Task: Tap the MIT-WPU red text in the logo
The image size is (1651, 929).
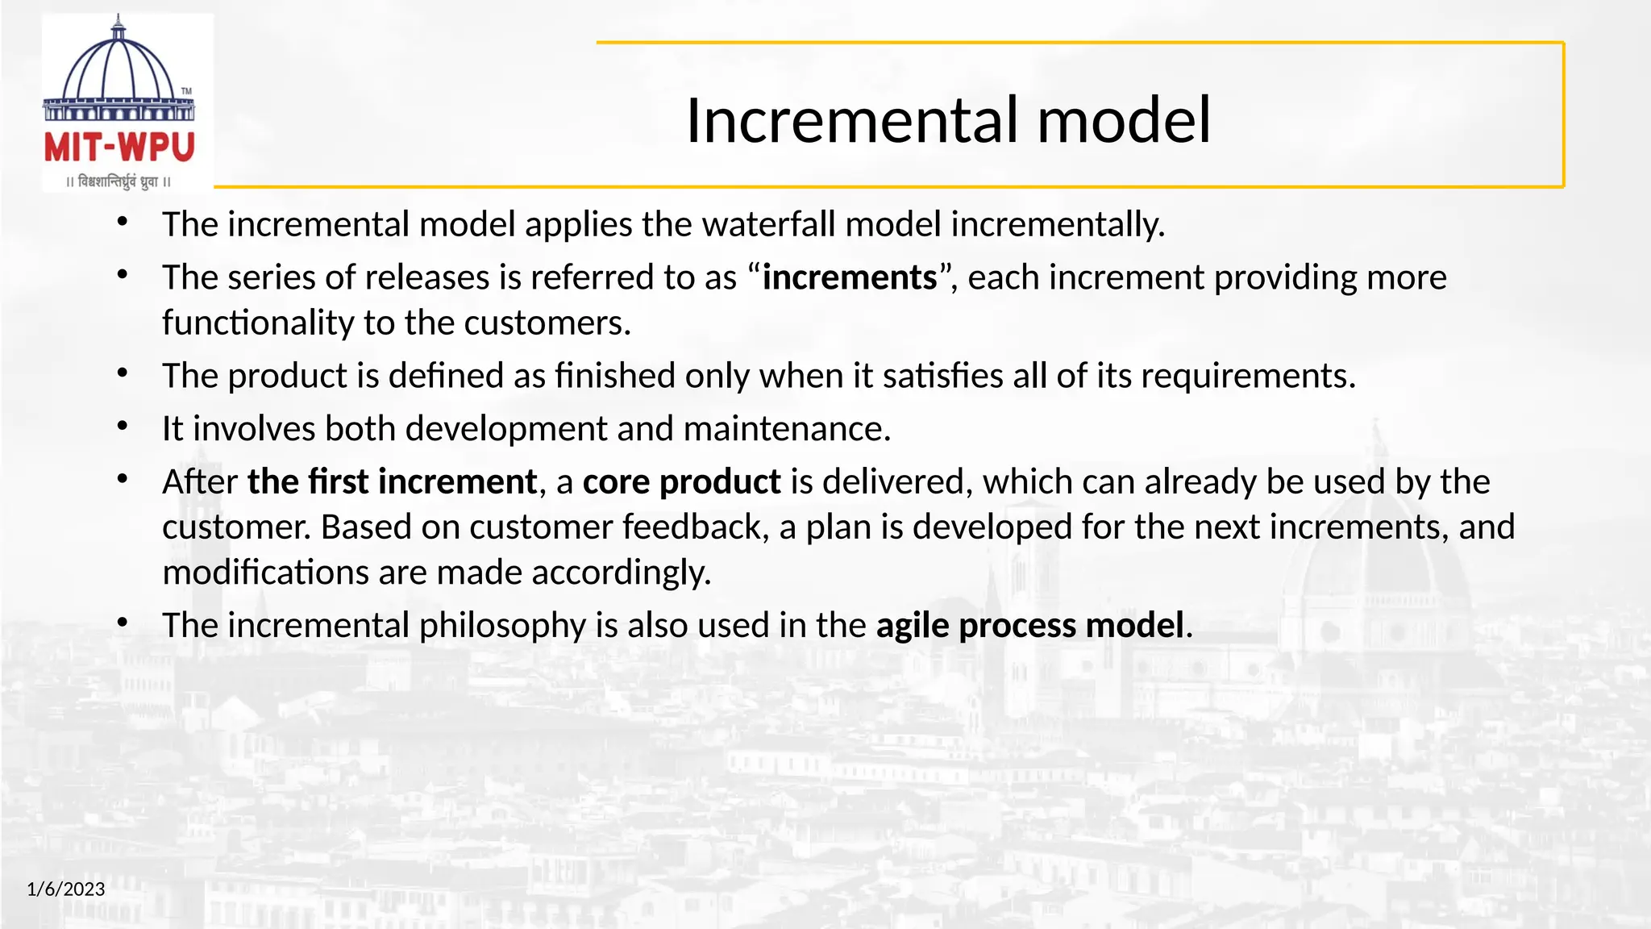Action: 119,148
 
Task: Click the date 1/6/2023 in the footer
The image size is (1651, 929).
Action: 66,889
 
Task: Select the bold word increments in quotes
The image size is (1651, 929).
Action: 850,277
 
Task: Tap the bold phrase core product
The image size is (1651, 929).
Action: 681,482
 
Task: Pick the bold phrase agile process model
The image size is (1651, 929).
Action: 1029,626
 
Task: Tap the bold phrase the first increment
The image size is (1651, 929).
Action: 392,482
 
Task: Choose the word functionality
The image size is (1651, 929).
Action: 258,323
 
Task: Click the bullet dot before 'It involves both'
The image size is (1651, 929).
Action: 123,426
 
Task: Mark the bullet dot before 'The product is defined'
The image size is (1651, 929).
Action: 123,373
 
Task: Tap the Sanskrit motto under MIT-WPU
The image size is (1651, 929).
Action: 119,182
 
